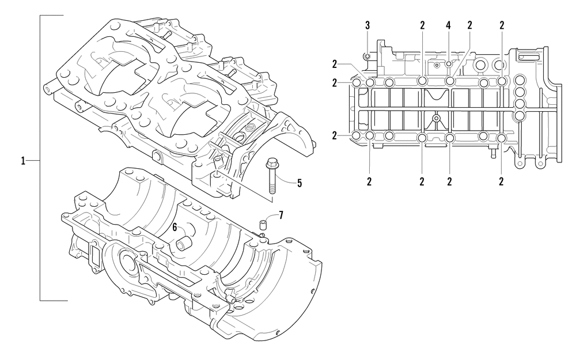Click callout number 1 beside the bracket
pos(23,161)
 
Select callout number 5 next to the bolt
pos(300,183)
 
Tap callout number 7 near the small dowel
pos(281,215)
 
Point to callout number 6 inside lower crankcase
pos(175,228)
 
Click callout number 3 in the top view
pos(367,25)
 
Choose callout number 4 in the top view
pos(448,25)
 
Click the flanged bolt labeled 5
pos(271,176)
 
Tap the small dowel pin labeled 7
pos(263,223)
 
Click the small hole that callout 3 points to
pos(366,56)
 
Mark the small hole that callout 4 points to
pos(449,64)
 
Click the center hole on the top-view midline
pos(436,118)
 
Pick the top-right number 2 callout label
pos(502,25)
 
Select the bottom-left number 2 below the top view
pos(369,181)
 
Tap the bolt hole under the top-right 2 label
pos(502,81)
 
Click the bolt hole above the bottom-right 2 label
pos(502,138)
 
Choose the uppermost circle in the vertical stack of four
pos(520,79)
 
